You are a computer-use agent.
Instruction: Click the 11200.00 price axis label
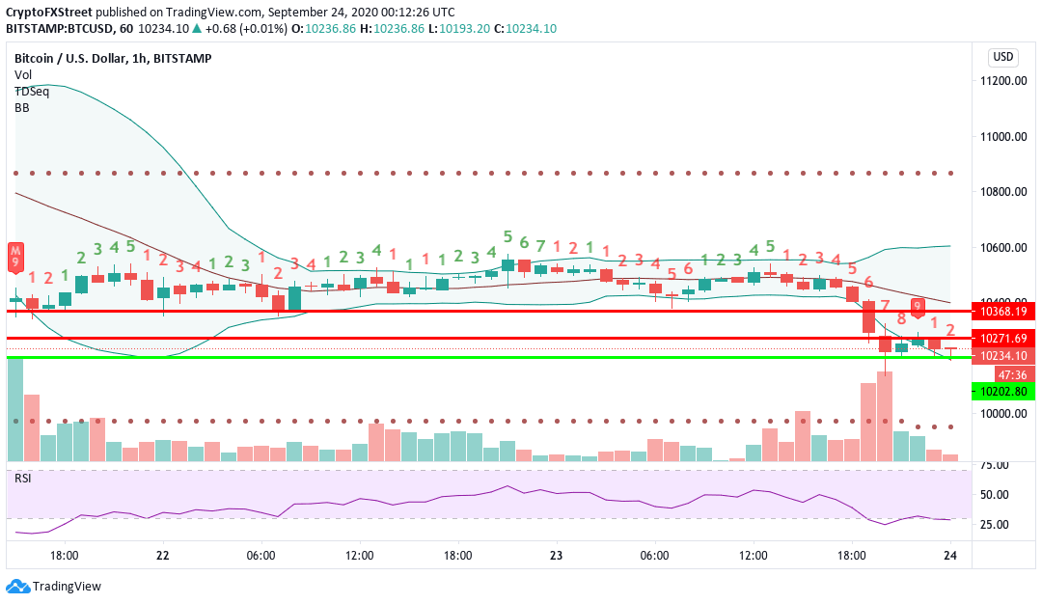(1002, 81)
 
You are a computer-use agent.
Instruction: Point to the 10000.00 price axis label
(1002, 414)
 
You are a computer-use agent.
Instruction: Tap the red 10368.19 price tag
(1003, 312)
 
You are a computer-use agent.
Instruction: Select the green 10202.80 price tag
(1003, 391)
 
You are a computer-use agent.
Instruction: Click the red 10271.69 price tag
(1003, 339)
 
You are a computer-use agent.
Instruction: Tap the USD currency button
(1003, 56)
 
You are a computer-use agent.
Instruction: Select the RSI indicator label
(22, 479)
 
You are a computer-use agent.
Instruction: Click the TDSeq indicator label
(32, 91)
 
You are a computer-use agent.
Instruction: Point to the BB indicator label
(22, 108)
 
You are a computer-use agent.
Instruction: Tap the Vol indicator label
(23, 74)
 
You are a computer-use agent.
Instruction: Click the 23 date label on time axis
(556, 556)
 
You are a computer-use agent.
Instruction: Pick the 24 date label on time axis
(950, 556)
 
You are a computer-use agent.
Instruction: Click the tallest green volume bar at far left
(14, 410)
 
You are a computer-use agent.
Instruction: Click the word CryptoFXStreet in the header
(50, 13)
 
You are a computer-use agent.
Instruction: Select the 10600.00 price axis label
(1002, 248)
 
